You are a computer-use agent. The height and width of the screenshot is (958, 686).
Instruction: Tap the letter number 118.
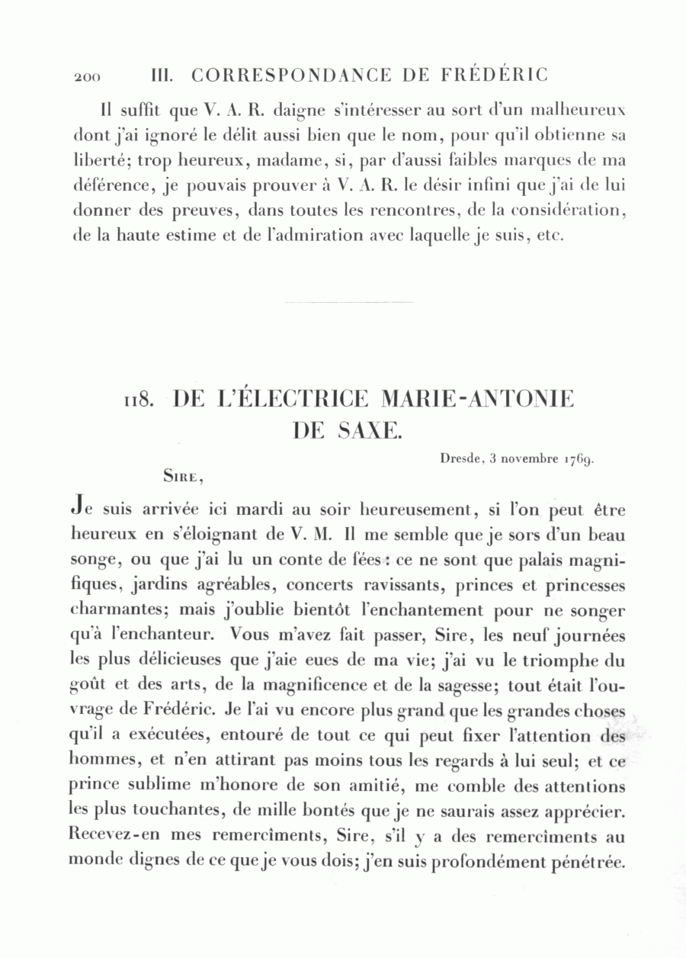click(x=140, y=400)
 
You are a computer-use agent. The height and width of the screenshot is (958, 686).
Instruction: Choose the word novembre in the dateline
click(x=530, y=459)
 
